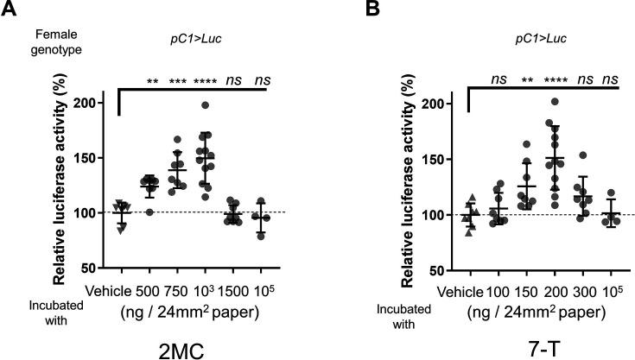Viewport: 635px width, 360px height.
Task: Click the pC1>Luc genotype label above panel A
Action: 184,38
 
